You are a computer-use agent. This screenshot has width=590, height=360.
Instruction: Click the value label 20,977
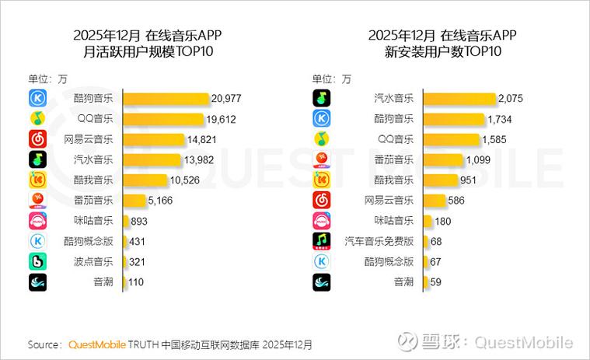point(231,98)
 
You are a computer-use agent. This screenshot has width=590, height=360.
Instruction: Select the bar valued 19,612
point(163,119)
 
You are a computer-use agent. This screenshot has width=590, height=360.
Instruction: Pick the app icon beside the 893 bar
point(38,221)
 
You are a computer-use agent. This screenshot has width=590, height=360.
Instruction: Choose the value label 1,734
point(504,119)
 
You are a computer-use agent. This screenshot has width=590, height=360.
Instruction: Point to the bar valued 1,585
point(451,139)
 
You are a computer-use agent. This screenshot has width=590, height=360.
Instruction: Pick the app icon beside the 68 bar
point(323,241)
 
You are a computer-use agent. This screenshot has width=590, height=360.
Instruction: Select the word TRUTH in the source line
point(143,344)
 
